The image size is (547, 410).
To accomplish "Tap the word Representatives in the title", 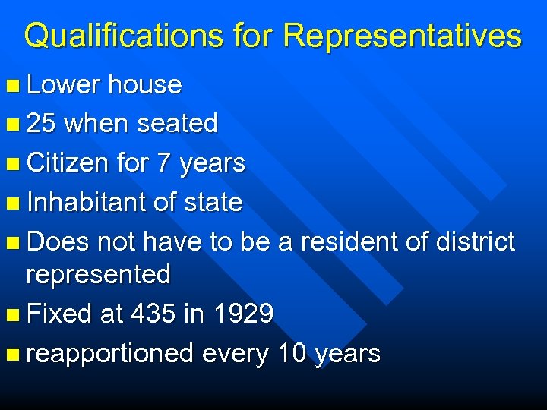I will click(403, 36).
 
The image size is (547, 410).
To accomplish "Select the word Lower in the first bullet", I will click(62, 84).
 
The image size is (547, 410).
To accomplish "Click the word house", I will click(144, 84).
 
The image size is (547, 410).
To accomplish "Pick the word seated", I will click(178, 123).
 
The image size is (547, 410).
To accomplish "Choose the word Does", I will click(58, 242).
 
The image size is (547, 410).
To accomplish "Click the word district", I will click(477, 242).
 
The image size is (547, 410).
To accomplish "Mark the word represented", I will click(99, 274).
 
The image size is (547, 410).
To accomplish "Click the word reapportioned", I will click(110, 353).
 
